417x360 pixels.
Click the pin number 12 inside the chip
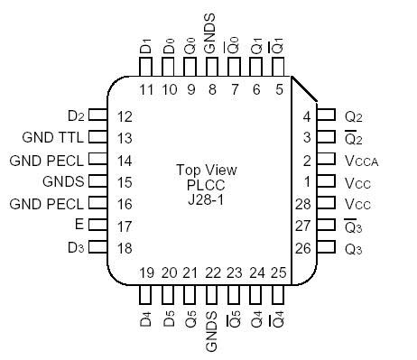pos(125,116)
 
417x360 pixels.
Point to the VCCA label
pos(361,160)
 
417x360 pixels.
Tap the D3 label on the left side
pos(75,247)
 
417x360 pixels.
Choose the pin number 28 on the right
pos(304,204)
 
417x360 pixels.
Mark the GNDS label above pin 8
pos(212,34)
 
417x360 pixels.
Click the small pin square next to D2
pos(99,116)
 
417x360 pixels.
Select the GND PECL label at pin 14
pos(46,160)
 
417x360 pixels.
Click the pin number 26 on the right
pos(304,247)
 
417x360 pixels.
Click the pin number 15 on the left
pos(125,181)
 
